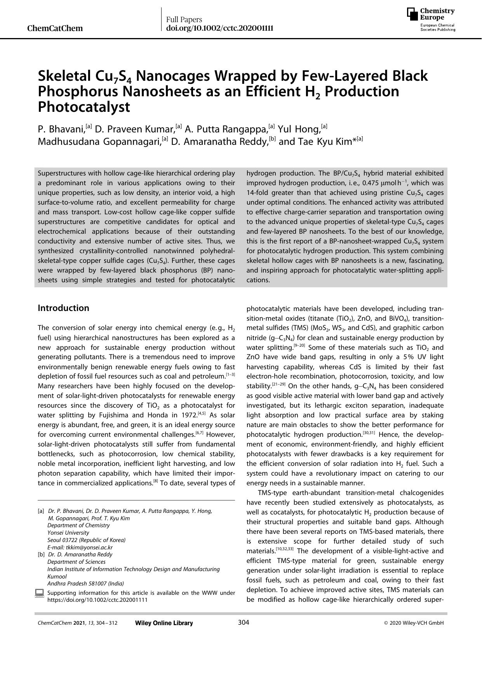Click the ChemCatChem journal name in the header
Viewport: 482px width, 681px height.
(55, 28)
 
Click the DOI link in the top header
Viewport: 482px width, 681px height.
(219, 28)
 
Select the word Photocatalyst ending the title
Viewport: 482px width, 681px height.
(84, 107)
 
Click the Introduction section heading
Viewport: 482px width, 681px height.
(63, 308)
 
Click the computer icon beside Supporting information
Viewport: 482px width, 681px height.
(39, 593)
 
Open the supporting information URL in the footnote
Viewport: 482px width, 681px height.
(97, 599)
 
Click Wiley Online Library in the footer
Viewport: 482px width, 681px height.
(164, 623)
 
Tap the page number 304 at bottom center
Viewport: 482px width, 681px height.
(244, 623)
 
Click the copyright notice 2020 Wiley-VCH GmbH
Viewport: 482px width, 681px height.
(414, 623)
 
